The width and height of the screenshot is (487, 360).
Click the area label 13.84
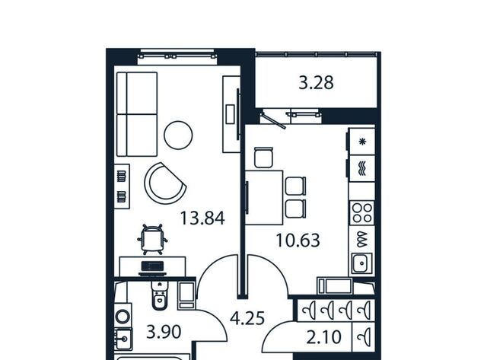pos(202,218)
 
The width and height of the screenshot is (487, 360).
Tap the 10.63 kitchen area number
pos(298,240)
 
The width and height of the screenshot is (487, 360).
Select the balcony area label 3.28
pos(317,83)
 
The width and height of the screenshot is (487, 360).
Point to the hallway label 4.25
pos(247,318)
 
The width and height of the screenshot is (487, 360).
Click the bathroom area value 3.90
pos(164,332)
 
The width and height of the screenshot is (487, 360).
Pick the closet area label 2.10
pos(323,337)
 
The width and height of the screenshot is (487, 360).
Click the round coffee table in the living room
pos(178,135)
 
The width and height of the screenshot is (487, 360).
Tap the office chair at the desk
pos(152,239)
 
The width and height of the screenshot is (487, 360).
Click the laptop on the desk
pos(152,268)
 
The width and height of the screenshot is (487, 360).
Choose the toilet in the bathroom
pos(159,295)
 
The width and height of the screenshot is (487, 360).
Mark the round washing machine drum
pos(123,317)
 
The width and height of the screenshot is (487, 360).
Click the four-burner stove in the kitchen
pos(362,213)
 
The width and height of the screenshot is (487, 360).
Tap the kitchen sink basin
pos(362,263)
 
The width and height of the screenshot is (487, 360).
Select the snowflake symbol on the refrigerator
pos(362,142)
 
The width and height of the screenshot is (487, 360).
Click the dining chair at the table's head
pos(263,158)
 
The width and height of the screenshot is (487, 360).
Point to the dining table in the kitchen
pos(264,198)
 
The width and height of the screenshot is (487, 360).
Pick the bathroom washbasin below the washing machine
pos(123,338)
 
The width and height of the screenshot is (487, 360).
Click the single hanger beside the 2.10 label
pos(364,337)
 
